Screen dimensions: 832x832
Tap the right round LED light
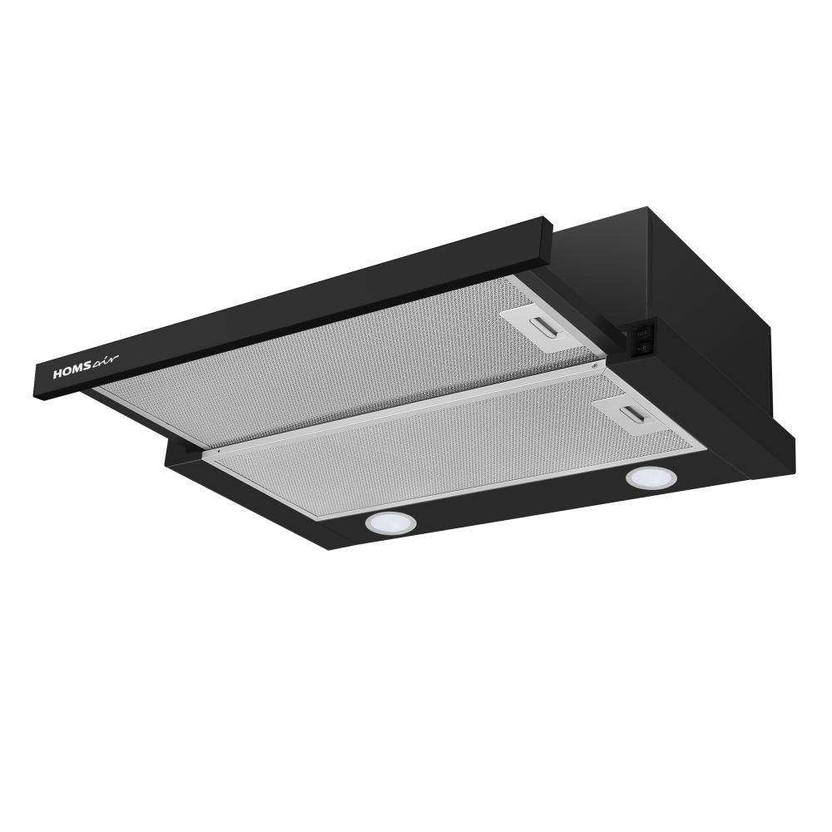point(651,478)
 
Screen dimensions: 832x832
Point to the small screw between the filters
point(594,366)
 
